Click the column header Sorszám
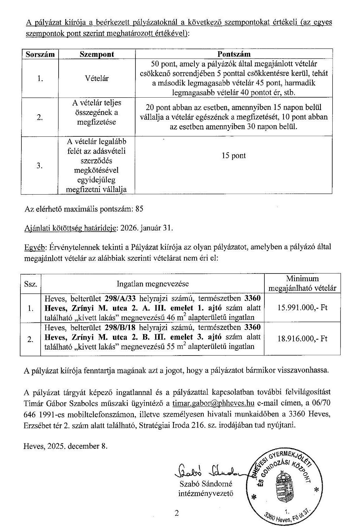click(40, 54)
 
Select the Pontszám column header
click(234, 54)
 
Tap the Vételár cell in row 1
click(97, 79)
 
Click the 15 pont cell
click(234, 156)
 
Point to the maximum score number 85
click(139, 209)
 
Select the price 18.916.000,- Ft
click(302, 339)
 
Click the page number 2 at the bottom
click(177, 513)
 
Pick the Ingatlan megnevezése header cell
click(153, 284)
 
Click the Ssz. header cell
click(30, 284)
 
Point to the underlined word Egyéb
click(35, 247)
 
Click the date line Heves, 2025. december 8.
click(65, 446)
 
